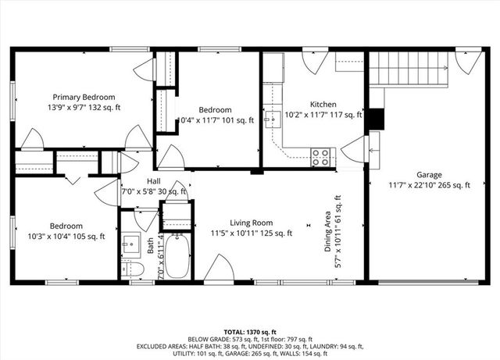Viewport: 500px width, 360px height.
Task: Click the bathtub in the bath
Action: tap(178, 256)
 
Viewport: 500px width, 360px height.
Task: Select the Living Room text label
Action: tap(251, 222)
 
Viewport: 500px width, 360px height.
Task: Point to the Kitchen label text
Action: tap(323, 104)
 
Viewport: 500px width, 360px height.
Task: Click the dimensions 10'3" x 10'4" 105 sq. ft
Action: tap(65, 236)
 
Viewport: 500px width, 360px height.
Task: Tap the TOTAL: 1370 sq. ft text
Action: tap(250, 333)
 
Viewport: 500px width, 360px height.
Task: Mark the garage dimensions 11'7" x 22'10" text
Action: tap(429, 186)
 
